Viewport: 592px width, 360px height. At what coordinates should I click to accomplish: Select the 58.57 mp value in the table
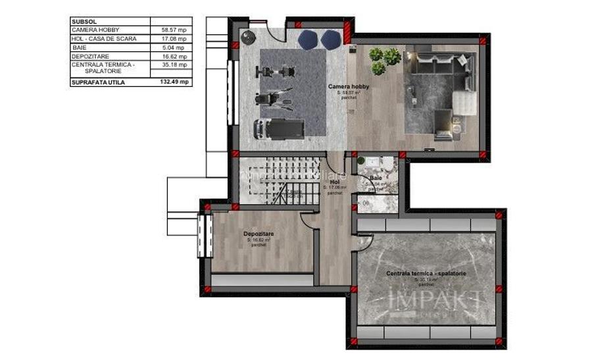[172, 30]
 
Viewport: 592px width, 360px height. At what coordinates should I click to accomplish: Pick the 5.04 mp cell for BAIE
[172, 47]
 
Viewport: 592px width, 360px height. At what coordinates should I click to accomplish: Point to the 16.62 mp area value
[172, 57]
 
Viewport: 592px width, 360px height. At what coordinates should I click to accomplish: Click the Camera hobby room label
[349, 87]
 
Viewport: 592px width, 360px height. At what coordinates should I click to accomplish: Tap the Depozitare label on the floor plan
[258, 234]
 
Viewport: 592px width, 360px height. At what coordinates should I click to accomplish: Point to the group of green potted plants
[384, 60]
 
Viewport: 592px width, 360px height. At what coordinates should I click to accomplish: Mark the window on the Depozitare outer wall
[203, 236]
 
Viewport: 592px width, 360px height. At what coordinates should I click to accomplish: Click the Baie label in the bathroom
[376, 178]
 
